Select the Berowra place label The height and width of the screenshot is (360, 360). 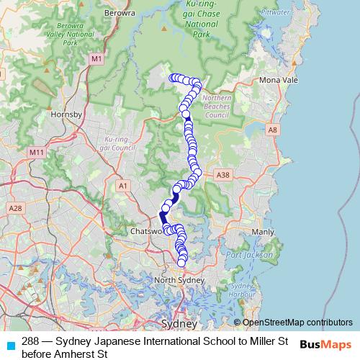point(120,12)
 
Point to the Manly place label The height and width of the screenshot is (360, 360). point(262,232)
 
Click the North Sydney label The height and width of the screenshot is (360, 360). point(180,280)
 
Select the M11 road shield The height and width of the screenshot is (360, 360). point(37,153)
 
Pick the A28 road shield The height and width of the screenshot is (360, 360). point(15,208)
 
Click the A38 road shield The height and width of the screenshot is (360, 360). point(222,175)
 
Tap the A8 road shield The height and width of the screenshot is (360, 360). point(271,130)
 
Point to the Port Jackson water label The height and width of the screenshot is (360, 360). point(249,255)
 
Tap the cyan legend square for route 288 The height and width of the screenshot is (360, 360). point(11,345)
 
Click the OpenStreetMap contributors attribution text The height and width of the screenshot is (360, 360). point(297,323)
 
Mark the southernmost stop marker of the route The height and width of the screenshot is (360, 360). point(182,262)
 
